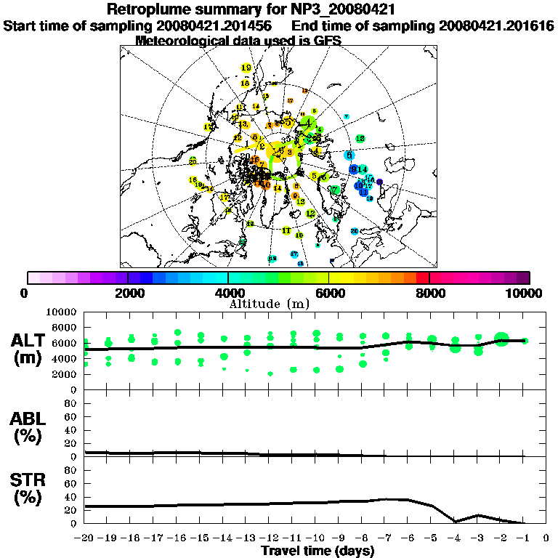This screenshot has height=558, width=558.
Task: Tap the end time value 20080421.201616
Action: tap(497, 25)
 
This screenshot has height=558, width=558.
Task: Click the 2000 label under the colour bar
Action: tap(127, 293)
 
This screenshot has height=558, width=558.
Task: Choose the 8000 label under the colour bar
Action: tap(429, 293)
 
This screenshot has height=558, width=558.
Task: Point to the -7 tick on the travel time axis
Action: tap(386, 538)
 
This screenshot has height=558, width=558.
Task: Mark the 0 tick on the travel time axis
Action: tap(546, 538)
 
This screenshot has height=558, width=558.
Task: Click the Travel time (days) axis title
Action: tap(318, 551)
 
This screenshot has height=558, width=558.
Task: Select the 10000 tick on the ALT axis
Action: tap(60, 312)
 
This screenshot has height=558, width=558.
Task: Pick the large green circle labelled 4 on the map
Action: tap(310, 124)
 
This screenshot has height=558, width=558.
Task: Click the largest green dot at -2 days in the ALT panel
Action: tap(501, 339)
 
